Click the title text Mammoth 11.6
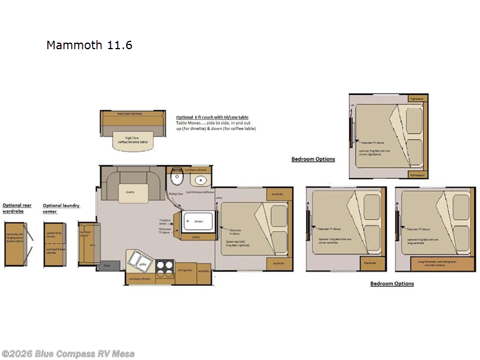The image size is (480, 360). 89,45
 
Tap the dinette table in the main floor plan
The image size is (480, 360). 130,191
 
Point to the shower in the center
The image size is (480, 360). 198,221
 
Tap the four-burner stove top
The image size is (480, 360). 165,265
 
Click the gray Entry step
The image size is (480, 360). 107,265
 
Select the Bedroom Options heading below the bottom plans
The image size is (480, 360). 391,283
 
